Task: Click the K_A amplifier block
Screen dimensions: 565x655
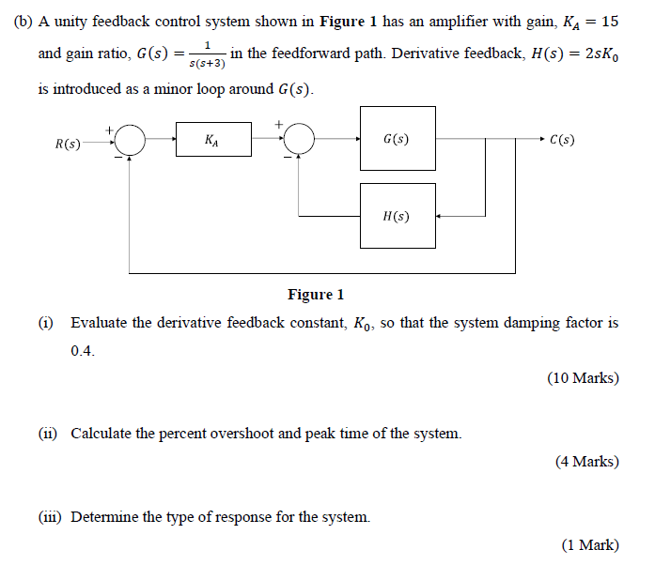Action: [213, 140]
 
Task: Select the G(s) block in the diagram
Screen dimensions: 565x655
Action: [398, 139]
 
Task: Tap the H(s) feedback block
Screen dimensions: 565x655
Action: [398, 216]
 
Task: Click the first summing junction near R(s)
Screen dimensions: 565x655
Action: [130, 140]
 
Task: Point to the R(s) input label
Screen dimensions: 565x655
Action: [68, 144]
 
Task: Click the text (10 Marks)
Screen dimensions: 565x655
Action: [583, 378]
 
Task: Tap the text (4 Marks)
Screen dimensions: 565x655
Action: [586, 461]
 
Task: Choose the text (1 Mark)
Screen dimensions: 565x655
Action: [589, 544]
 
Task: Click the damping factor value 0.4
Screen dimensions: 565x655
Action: [83, 351]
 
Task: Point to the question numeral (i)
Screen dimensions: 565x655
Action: [45, 323]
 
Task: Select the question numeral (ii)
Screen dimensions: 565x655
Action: [47, 434]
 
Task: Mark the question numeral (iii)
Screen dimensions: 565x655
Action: [49, 517]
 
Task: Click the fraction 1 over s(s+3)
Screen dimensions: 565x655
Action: [205, 54]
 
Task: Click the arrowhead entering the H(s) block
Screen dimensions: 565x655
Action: [441, 216]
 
